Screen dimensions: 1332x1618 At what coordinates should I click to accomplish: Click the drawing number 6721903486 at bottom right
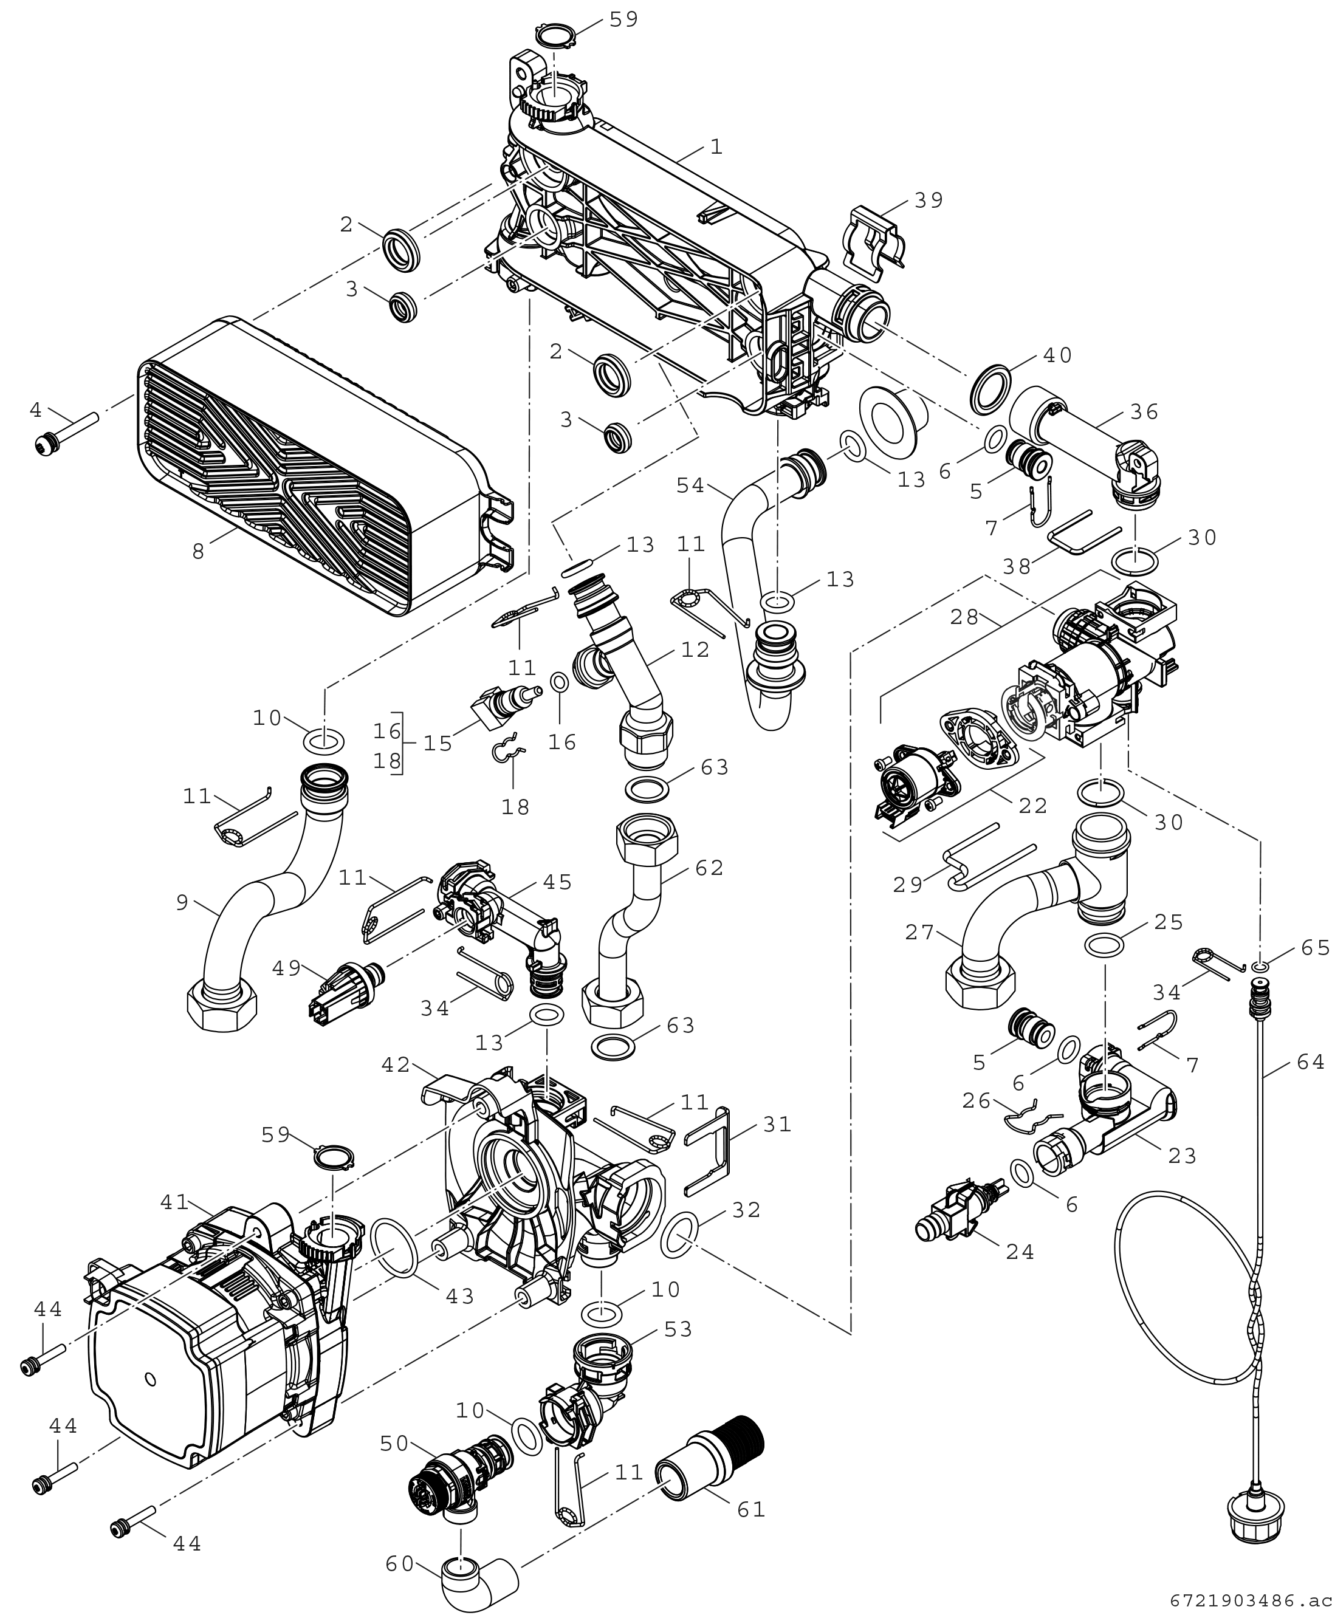[1251, 1601]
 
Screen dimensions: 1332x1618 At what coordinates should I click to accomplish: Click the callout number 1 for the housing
[716, 146]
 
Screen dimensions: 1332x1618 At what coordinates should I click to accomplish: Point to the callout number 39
[929, 201]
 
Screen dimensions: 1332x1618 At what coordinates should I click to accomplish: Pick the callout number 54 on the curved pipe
[690, 485]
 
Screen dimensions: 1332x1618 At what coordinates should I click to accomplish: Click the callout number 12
[695, 650]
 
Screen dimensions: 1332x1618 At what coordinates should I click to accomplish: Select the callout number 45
[557, 883]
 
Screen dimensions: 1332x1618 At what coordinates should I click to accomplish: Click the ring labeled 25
[1106, 946]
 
